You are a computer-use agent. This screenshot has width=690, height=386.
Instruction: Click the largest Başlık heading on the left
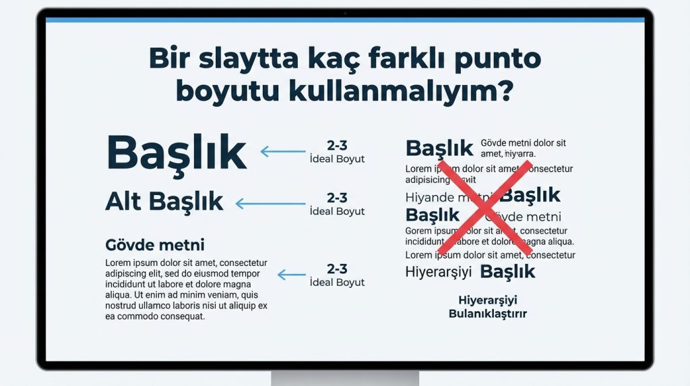coord(177,153)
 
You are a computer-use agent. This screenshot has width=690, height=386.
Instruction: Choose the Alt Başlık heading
coord(164,201)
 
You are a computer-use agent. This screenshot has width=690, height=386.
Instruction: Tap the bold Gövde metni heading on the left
coord(155,244)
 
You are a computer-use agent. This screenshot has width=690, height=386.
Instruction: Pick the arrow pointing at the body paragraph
coord(292,275)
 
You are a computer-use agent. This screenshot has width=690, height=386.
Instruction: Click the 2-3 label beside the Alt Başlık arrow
coord(337,198)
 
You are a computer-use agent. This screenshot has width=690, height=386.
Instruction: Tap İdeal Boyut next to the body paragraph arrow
coord(337,282)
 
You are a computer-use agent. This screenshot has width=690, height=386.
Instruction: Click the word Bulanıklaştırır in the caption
coord(487,314)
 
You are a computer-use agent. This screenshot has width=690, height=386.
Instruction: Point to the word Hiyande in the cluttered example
coord(429,198)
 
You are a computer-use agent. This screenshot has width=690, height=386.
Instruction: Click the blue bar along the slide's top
coord(345,20)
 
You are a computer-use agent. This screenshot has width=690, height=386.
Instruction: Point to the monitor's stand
coord(345,378)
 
